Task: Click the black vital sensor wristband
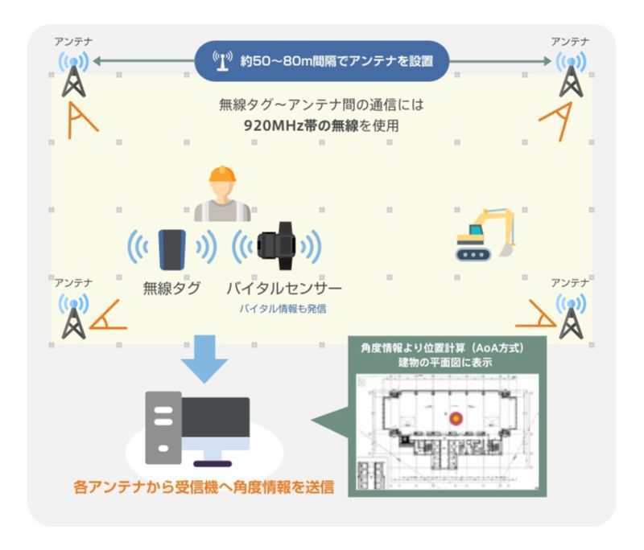pos(277,247)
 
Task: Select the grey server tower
pos(163,427)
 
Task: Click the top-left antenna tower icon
pos(74,77)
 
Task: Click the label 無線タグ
pos(171,289)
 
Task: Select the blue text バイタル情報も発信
pos(283,308)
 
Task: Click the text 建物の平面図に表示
pos(444,363)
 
